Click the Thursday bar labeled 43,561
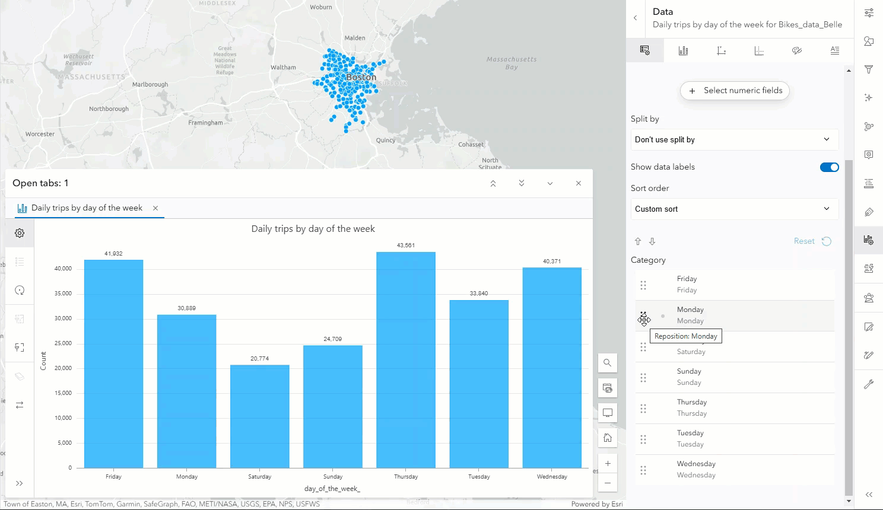[406, 359]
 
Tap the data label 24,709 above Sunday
[332, 339]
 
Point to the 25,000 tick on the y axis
[63, 343]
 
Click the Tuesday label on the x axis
[479, 477]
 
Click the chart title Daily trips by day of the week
[313, 229]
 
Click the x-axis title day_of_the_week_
[332, 489]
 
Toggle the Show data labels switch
[829, 167]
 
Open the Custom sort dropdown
[734, 209]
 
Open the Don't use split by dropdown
[734, 140]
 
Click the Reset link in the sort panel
[804, 241]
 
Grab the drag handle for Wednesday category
[643, 470]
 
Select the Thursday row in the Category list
[736, 408]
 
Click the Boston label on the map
[361, 77]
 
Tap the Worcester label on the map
[40, 134]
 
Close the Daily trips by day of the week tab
[155, 208]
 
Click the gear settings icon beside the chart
[20, 234]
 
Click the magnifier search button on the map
[607, 363]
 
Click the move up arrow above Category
[638, 241]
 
